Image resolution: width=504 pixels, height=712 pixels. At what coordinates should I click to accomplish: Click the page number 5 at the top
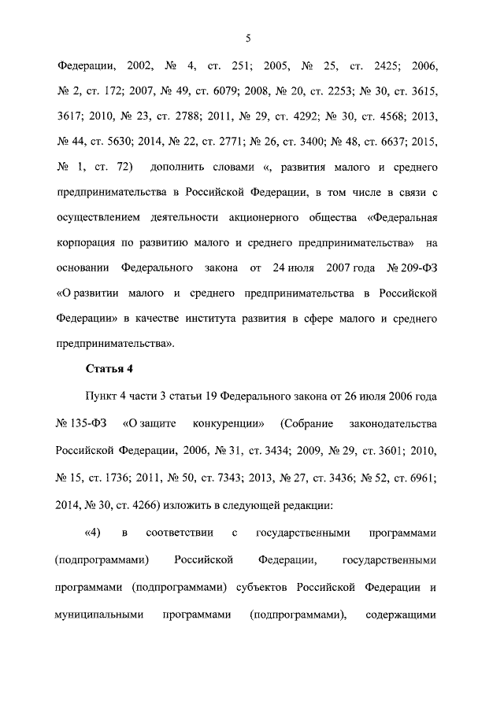tap(248, 38)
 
